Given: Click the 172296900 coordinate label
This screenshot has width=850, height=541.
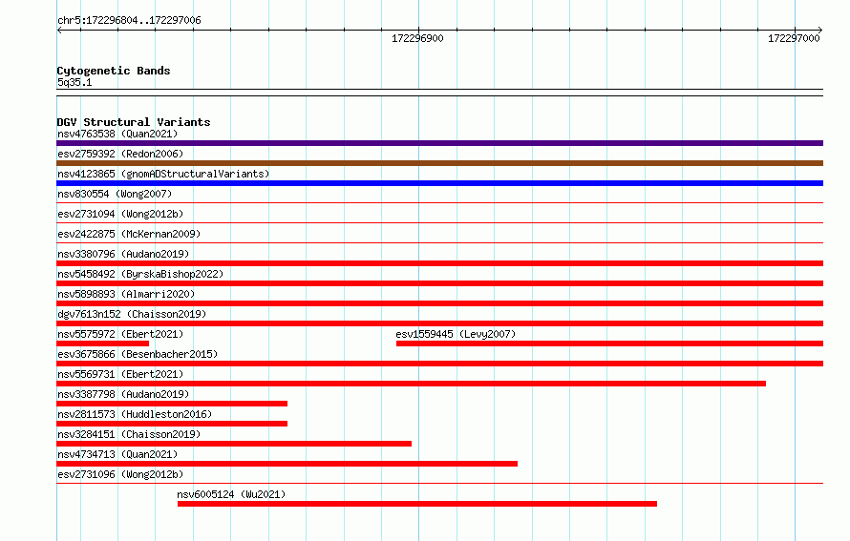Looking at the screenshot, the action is (x=417, y=38).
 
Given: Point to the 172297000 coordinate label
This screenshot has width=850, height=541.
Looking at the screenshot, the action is (x=794, y=38).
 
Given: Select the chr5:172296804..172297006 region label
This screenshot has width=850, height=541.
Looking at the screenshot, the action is (x=129, y=20).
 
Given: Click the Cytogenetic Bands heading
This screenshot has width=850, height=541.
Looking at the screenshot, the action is (x=114, y=71).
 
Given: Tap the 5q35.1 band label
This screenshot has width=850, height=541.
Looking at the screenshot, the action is (x=74, y=82).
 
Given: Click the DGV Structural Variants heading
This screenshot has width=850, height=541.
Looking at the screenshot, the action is (x=134, y=122).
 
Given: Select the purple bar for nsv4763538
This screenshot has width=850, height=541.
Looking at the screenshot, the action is (x=439, y=143).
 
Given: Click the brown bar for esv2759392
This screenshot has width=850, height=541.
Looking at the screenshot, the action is (x=439, y=163).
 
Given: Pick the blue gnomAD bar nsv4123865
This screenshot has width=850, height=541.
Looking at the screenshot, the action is (x=439, y=183).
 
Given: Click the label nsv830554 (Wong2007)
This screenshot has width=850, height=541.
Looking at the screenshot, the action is (x=115, y=194).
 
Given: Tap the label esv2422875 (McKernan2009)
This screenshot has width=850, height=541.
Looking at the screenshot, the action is (x=129, y=234).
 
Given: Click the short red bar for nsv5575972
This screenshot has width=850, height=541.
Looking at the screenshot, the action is (x=102, y=343).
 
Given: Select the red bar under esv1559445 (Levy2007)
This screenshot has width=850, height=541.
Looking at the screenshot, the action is (x=610, y=343).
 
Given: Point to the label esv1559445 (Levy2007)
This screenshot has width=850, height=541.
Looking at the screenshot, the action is (x=456, y=334).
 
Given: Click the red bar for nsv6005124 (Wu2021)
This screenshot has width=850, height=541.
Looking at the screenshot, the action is (x=416, y=504).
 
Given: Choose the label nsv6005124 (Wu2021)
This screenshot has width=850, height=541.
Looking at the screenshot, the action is (x=231, y=494).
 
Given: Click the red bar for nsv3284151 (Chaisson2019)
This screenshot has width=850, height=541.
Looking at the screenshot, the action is (x=234, y=444).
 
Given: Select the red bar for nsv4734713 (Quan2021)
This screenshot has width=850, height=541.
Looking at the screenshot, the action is (x=287, y=464).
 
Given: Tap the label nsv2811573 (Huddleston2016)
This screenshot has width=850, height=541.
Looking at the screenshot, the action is (x=135, y=414).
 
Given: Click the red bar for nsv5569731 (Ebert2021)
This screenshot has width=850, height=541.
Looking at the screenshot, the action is (x=411, y=384).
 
